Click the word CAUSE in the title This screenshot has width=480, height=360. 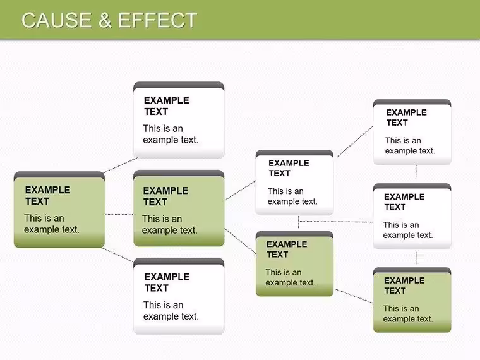(57, 20)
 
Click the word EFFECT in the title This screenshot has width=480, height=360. (158, 20)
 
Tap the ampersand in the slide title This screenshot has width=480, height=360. (105, 20)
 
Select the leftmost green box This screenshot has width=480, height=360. (59, 210)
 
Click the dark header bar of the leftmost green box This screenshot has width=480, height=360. (59, 175)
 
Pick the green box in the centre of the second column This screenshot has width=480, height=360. (179, 208)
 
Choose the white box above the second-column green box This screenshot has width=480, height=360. (179, 120)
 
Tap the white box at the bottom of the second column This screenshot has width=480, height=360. (179, 296)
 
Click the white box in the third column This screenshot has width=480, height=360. (294, 183)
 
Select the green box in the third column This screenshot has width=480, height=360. (294, 264)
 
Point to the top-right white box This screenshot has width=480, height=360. (412, 132)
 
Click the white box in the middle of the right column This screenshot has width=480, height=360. (412, 216)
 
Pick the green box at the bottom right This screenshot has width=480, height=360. (412, 300)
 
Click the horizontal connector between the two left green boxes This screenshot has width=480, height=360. (119, 214)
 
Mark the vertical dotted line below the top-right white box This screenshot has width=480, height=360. (416, 171)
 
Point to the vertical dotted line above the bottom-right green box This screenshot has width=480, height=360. (416, 257)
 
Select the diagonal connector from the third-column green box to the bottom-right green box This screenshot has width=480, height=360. (354, 296)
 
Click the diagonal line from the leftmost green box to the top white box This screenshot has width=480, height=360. (121, 165)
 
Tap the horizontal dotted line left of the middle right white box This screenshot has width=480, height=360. (336, 221)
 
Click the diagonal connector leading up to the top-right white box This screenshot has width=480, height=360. (355, 141)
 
